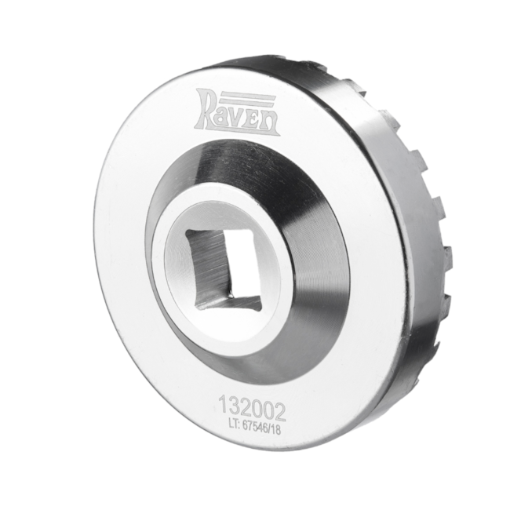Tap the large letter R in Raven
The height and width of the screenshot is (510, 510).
click(206, 111)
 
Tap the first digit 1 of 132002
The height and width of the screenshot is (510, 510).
click(223, 404)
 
